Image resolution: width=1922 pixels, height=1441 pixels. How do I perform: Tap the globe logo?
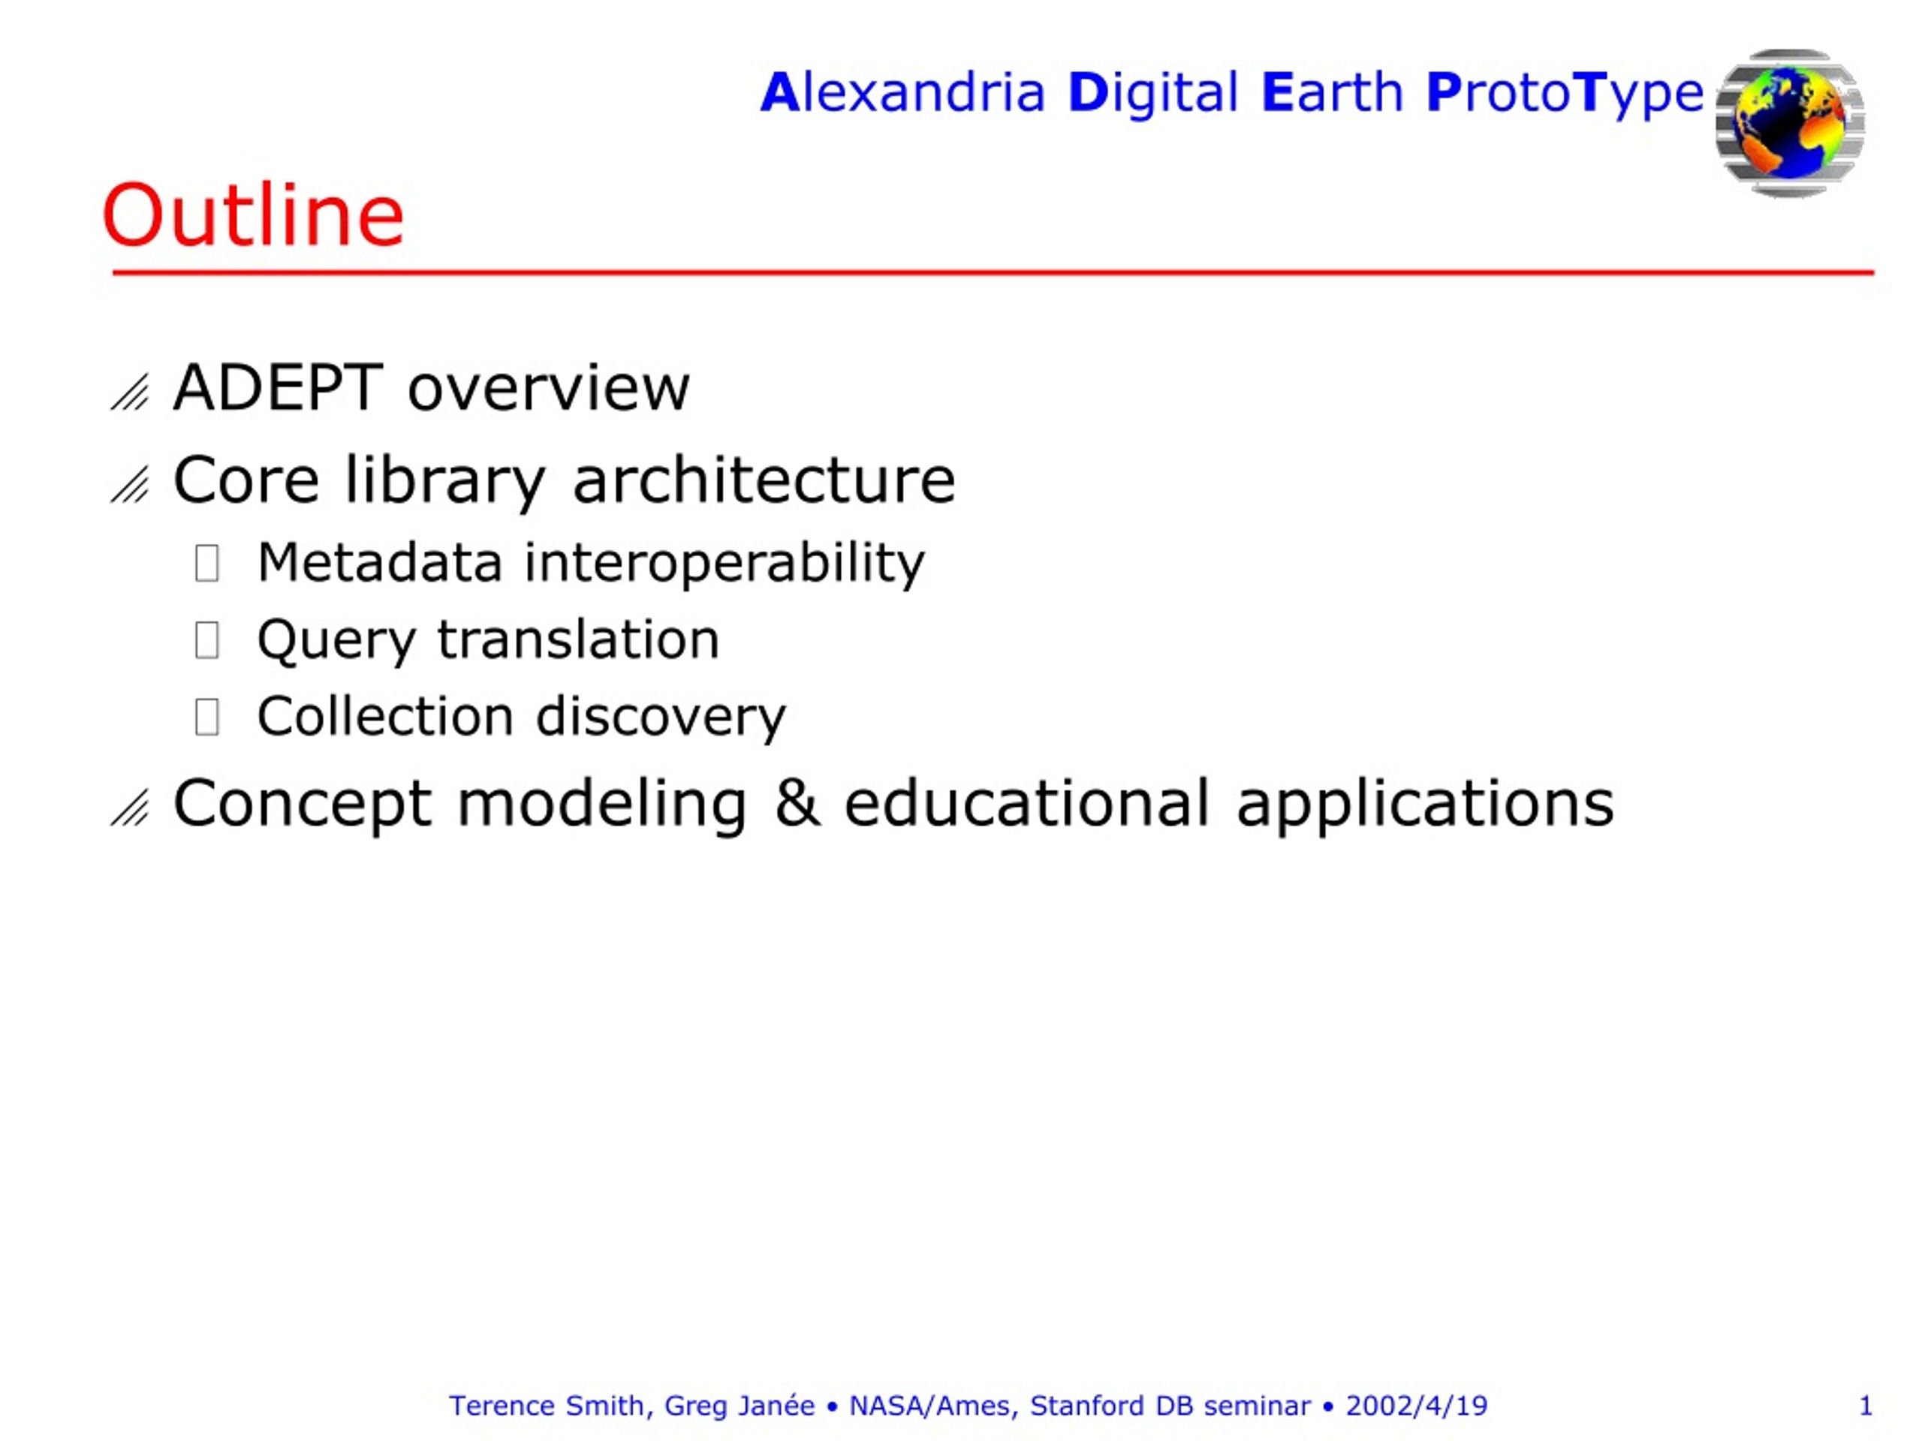click(x=1790, y=122)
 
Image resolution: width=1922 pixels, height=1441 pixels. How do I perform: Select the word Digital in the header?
click(x=1152, y=94)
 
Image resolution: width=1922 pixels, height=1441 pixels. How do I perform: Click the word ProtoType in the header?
click(x=1565, y=94)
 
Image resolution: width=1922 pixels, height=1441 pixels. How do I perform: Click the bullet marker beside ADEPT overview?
click(x=131, y=392)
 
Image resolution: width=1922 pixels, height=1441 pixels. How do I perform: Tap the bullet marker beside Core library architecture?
click(x=131, y=485)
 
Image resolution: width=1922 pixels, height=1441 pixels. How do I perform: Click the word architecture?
click(x=764, y=480)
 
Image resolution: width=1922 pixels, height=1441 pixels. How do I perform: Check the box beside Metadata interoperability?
click(x=206, y=563)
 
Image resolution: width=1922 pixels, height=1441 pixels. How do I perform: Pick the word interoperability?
click(x=725, y=563)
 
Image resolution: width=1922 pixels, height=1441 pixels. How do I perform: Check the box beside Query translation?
click(x=206, y=640)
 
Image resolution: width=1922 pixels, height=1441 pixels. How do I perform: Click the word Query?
click(x=337, y=641)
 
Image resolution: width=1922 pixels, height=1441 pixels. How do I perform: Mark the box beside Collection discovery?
click(x=206, y=717)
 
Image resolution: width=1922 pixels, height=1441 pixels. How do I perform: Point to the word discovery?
click(x=661, y=717)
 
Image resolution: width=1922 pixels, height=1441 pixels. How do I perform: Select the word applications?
click(x=1425, y=805)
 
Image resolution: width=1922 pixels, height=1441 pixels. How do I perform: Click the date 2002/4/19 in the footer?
click(x=1416, y=1406)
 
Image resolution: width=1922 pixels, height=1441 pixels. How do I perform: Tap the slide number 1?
click(x=1866, y=1406)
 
